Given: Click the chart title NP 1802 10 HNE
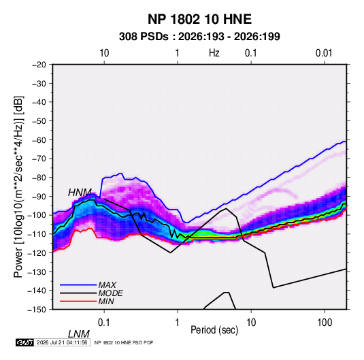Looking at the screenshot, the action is coord(199,19).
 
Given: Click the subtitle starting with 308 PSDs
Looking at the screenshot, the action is coord(199,37).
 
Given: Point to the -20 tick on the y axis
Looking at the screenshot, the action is coord(39,65).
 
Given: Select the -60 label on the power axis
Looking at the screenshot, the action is coord(39,140).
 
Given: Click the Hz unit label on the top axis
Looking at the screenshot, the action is coord(214,53).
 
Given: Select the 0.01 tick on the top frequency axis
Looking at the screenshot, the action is coord(324,53).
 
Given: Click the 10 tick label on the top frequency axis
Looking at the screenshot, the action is coord(104,53).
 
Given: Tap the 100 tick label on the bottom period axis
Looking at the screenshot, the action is coord(325,323).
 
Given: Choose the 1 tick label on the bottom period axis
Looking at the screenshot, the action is coord(178,323).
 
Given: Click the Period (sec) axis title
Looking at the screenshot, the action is coord(214,330).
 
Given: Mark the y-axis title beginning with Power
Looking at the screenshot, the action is coord(18,187).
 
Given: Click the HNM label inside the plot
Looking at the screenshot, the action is coord(80,193).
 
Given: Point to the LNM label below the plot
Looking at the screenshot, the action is coord(79,334).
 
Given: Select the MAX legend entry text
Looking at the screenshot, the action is coord(107,285).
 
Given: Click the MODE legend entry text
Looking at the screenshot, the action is coord(110,293).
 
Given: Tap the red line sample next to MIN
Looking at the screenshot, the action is coord(78,301).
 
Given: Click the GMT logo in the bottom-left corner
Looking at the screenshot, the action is coord(25,342).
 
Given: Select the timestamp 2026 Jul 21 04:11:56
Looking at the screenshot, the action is coord(62,342).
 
